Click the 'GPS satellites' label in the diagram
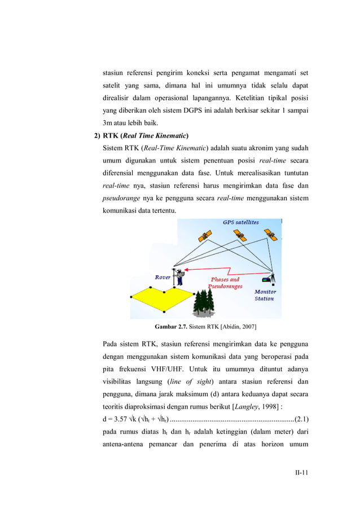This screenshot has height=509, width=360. click(x=240, y=222)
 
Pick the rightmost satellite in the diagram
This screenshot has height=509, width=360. click(x=270, y=235)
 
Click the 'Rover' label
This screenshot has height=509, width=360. click(x=164, y=277)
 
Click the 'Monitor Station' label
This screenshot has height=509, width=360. click(x=265, y=295)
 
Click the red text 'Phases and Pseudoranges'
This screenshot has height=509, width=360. click(x=226, y=283)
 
